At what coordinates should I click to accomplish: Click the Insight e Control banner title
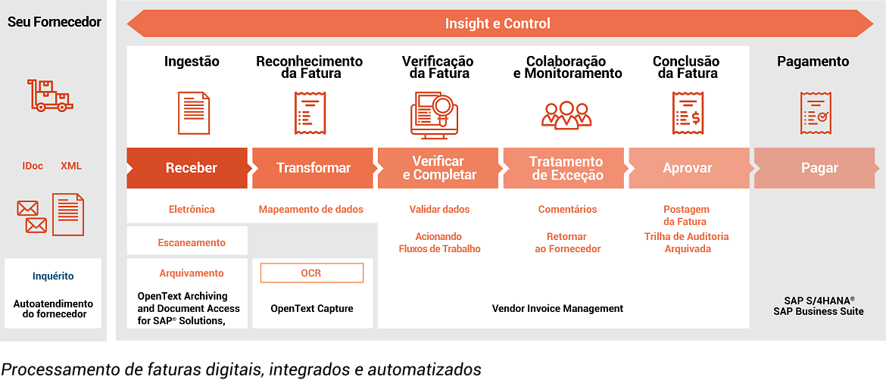click(498, 23)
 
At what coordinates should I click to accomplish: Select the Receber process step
click(191, 168)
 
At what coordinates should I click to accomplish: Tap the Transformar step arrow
click(313, 168)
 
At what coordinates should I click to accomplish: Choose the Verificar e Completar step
click(439, 168)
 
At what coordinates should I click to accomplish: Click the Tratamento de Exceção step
click(566, 168)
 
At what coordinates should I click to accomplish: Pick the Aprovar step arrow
click(687, 168)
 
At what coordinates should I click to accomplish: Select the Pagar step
click(819, 168)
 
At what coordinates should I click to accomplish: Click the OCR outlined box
click(311, 273)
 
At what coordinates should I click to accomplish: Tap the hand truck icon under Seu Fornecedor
click(50, 95)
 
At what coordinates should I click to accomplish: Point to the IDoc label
click(33, 166)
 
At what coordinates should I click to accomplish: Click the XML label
click(71, 166)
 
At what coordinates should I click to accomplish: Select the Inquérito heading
click(53, 276)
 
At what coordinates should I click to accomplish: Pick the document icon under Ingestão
click(193, 113)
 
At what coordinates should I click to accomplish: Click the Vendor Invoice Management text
click(557, 308)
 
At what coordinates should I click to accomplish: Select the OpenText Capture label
click(311, 308)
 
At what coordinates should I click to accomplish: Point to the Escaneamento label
click(192, 243)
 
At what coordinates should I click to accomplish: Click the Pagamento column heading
click(813, 61)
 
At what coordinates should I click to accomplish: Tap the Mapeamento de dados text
click(310, 209)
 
